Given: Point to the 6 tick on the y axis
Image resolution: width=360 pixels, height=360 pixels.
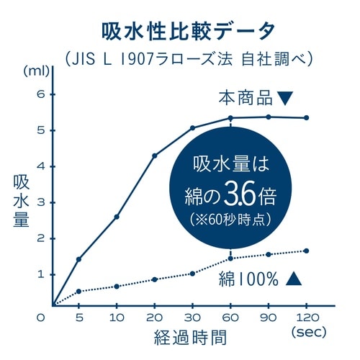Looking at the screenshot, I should pyautogui.click(x=41, y=94).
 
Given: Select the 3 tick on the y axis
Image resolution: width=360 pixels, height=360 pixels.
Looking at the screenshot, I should pyautogui.click(x=41, y=202).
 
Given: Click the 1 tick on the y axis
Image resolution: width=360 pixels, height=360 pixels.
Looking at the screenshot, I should pyautogui.click(x=41, y=274).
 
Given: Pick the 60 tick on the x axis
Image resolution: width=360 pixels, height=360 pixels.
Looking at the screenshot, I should pyautogui.click(x=230, y=318).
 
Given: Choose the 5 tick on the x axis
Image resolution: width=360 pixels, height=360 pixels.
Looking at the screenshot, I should pyautogui.click(x=78, y=318).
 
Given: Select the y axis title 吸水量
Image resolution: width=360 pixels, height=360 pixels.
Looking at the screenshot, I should pyautogui.click(x=20, y=202).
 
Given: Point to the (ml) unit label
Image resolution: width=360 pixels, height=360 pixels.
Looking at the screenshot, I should pyautogui.click(x=35, y=71).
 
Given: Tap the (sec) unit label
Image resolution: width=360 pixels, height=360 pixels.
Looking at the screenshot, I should pyautogui.click(x=310, y=333).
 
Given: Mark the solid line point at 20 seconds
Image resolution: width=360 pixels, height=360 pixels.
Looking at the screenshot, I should pyautogui.click(x=154, y=156).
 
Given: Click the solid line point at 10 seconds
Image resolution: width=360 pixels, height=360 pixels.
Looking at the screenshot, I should pyautogui.click(x=117, y=217).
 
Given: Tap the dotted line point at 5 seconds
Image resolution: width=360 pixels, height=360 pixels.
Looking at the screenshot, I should pyautogui.click(x=78, y=291).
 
